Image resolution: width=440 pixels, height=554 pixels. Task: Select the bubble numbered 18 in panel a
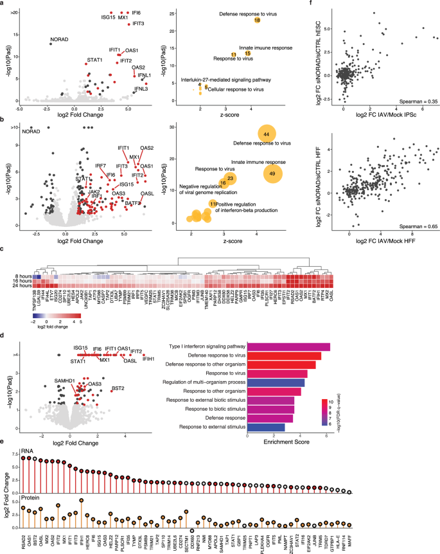point(257,21)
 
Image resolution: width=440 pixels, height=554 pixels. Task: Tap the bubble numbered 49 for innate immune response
point(272,174)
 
